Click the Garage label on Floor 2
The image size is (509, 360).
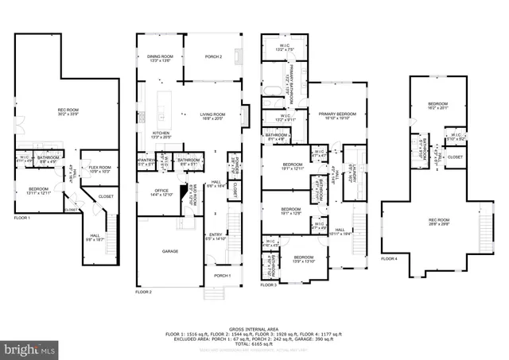click(170, 251)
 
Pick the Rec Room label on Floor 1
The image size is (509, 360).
click(68, 110)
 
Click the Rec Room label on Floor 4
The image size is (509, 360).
click(438, 222)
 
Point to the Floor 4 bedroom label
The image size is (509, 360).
click(438, 105)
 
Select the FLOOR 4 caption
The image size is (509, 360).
click(389, 258)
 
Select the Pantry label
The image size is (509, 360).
click(146, 161)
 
